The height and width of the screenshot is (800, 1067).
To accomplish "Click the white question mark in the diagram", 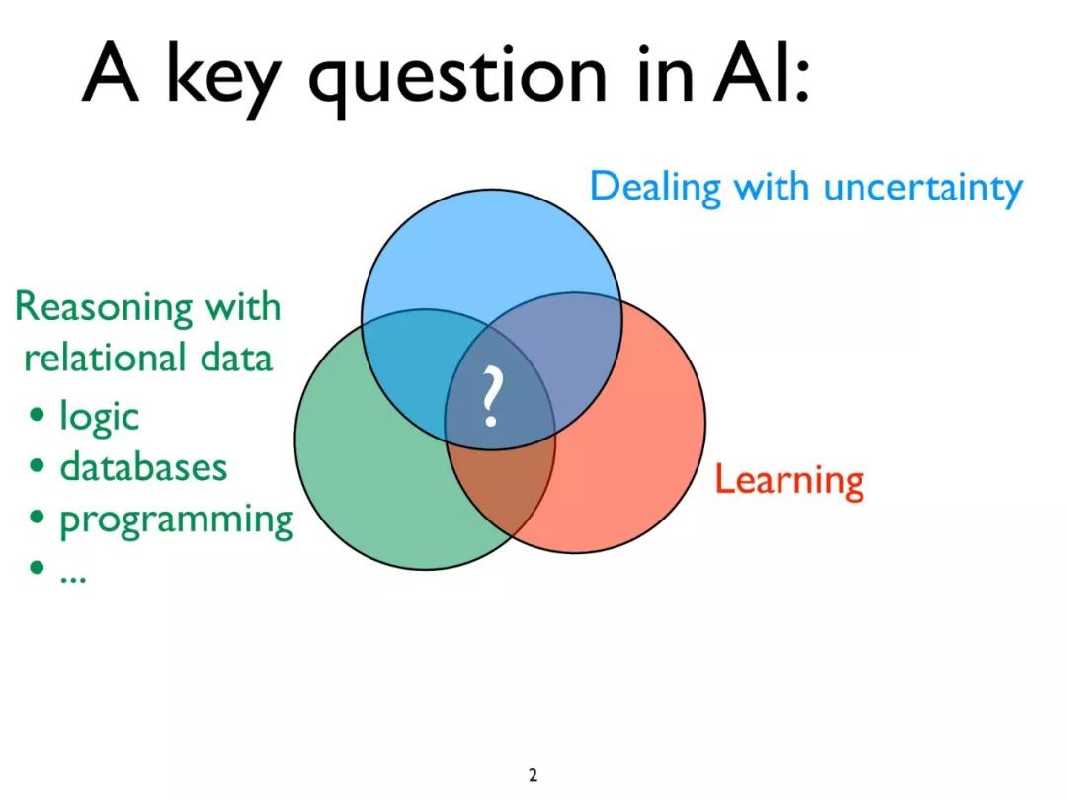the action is (x=491, y=397).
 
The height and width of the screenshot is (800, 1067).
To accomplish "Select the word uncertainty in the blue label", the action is (x=923, y=187).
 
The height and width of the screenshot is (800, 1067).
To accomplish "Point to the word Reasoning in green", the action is (x=104, y=308).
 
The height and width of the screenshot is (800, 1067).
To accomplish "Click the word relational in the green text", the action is (x=105, y=358).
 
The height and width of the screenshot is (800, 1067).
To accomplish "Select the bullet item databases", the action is (x=143, y=466).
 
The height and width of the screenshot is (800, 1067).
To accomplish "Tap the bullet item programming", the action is (x=177, y=520).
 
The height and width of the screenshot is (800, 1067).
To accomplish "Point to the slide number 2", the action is (x=533, y=775).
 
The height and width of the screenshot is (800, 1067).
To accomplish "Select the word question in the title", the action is (x=456, y=80).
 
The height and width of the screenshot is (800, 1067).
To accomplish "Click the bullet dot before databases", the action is (x=37, y=466).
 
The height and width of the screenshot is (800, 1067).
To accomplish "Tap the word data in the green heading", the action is (x=236, y=358).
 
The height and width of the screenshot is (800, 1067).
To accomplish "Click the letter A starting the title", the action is (x=110, y=73).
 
